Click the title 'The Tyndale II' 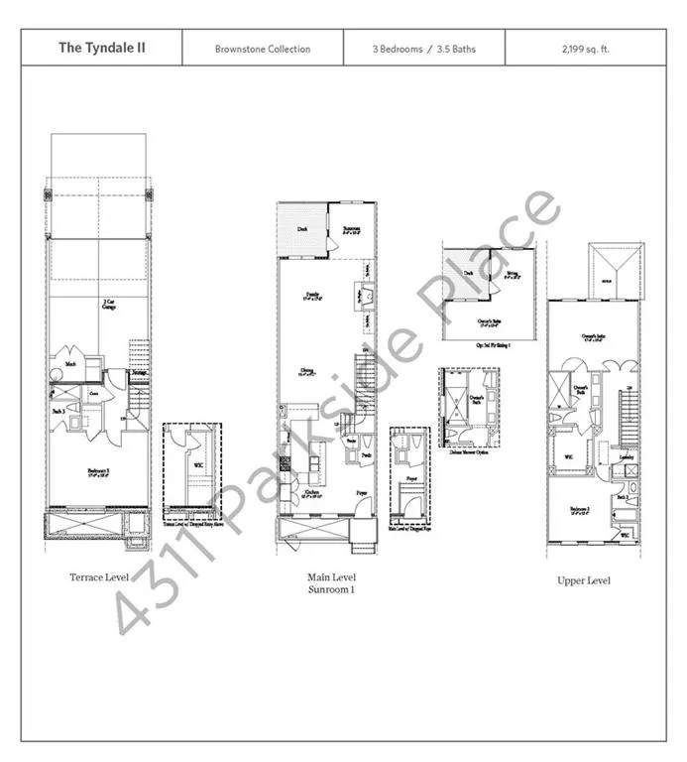pyautogui.click(x=101, y=48)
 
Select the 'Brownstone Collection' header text pyautogui.click(x=263, y=49)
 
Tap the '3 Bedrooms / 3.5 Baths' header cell pyautogui.click(x=423, y=49)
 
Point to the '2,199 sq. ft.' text pyautogui.click(x=585, y=49)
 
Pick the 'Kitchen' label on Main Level pyautogui.click(x=311, y=492)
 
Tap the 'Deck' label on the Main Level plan pyautogui.click(x=302, y=229)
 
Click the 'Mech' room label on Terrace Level pyautogui.click(x=71, y=364)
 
